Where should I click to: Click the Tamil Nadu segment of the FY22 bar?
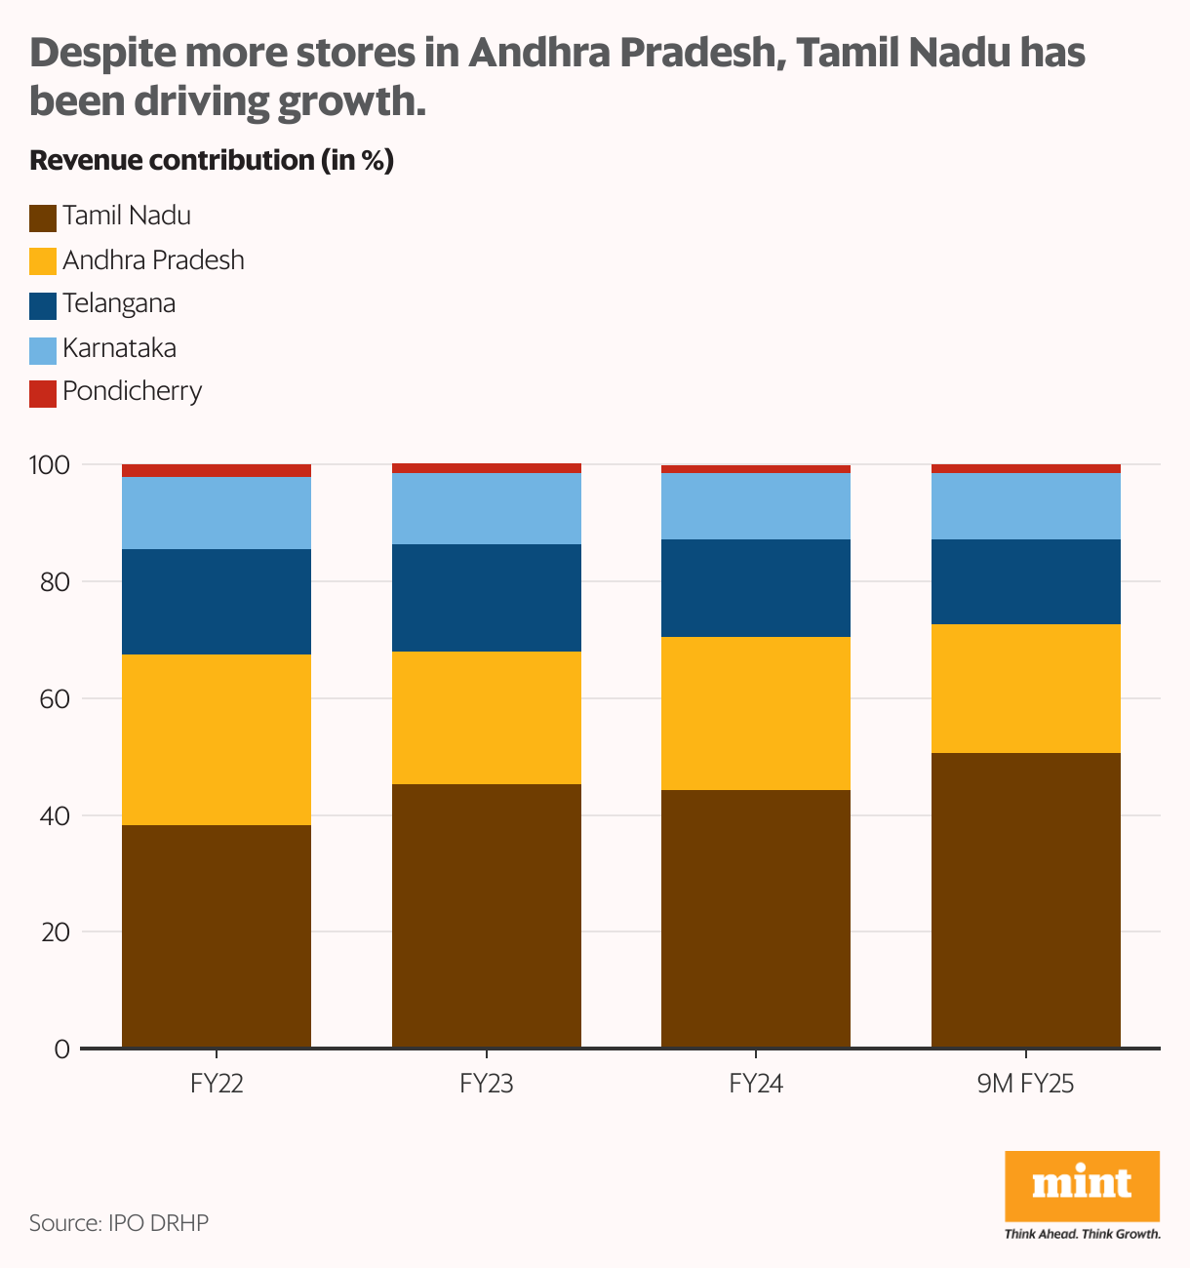tap(217, 936)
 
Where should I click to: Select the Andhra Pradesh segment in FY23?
tap(486, 718)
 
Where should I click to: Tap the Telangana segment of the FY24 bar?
tap(756, 588)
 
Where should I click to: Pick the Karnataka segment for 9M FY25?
tap(1026, 506)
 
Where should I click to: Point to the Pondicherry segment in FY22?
tap(217, 471)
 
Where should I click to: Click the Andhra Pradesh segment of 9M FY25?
tap(1026, 689)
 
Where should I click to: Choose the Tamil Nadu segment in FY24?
tap(756, 919)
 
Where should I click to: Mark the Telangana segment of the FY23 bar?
tap(486, 598)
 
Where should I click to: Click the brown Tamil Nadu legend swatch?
tap(43, 218)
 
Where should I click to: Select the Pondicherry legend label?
tap(132, 392)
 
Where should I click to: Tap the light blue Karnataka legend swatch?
tap(43, 350)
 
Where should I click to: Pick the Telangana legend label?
tap(119, 303)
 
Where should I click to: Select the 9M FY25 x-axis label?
tap(1025, 1084)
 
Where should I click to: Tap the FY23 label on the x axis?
tap(486, 1084)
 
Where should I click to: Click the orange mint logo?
tap(1082, 1186)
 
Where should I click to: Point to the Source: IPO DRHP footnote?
tap(119, 1223)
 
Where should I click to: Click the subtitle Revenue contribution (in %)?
tap(212, 161)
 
